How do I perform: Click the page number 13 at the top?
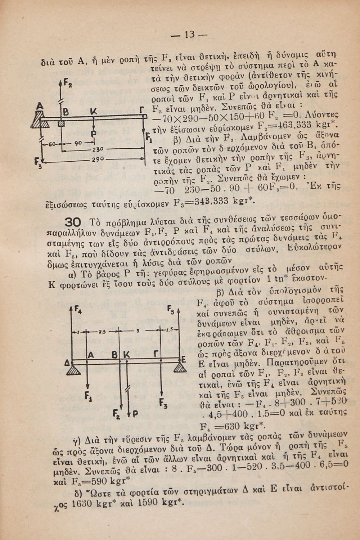[x=189, y=35]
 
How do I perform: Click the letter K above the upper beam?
[x=93, y=111]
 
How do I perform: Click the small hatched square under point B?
[x=61, y=123]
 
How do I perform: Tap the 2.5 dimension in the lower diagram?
[x=102, y=330]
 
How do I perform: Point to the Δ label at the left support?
[x=67, y=364]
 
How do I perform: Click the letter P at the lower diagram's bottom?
[x=135, y=414]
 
